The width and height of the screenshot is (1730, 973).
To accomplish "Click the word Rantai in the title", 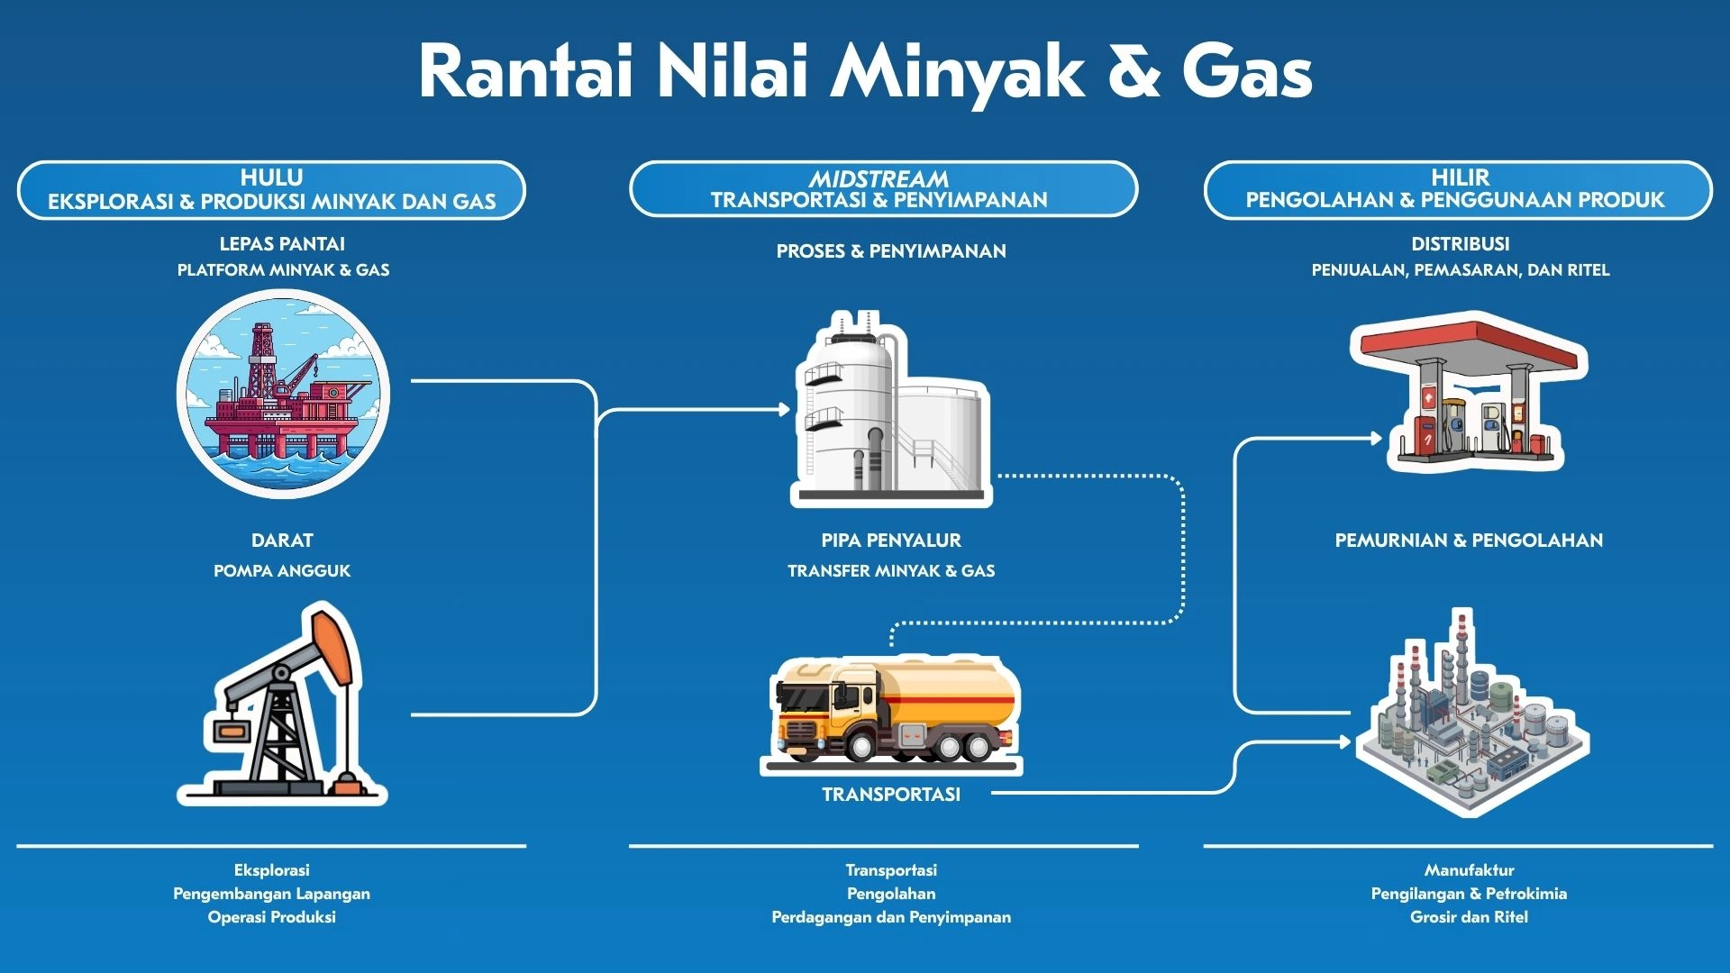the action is tap(526, 72).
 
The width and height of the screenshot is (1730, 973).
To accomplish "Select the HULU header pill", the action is tap(271, 189).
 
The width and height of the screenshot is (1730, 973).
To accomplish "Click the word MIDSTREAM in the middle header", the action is tap(879, 178).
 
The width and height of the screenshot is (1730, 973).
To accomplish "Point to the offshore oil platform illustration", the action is tap(283, 394).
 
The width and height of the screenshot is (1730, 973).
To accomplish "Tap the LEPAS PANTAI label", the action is tap(282, 244).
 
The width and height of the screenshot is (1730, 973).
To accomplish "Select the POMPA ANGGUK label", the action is tap(282, 570).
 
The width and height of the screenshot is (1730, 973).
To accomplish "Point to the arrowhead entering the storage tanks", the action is tap(784, 410).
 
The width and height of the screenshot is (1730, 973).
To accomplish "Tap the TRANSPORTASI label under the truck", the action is tap(890, 795).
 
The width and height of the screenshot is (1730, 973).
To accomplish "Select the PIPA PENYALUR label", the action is tap(890, 541).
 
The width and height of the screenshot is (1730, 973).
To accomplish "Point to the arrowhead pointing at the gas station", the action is tap(1376, 439).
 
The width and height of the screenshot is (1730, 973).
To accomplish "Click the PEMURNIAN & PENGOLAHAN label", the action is tap(1469, 541).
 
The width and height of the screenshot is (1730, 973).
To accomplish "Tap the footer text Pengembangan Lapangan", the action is tap(271, 894).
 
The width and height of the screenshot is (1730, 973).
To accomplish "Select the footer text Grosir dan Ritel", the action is tap(1469, 917).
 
